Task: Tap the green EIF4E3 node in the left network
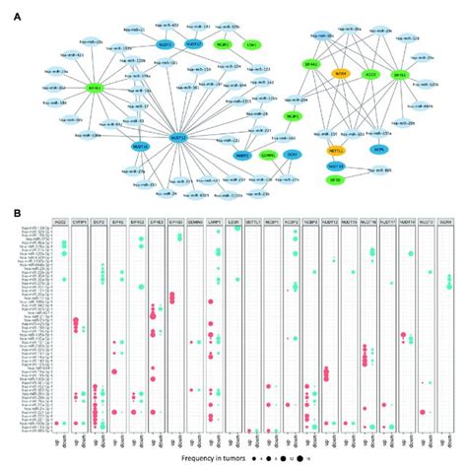69,88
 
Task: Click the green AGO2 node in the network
370,73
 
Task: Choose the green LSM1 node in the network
254,44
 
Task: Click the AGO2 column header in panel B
62,225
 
